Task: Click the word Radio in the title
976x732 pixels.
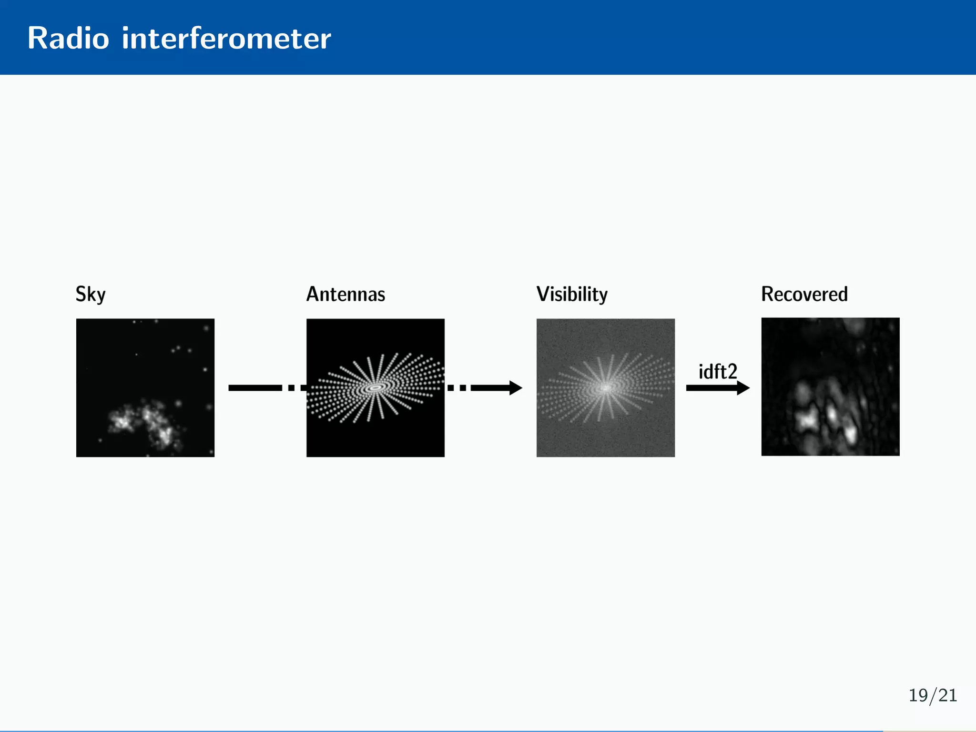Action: click(x=68, y=38)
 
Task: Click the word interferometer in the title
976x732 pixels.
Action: click(x=226, y=38)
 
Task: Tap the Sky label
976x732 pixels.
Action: click(x=90, y=294)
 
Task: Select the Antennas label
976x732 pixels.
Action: click(x=346, y=294)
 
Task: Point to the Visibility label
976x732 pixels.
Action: click(x=572, y=294)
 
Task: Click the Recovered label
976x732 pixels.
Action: click(x=804, y=294)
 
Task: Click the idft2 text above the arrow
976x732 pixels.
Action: click(x=717, y=372)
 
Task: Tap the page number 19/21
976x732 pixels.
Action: click(x=933, y=695)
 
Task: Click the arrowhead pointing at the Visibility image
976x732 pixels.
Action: click(x=516, y=387)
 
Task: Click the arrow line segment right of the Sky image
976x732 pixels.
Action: click(x=255, y=387)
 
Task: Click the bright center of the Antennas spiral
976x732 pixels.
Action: click(x=376, y=387)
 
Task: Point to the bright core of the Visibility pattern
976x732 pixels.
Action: click(x=606, y=387)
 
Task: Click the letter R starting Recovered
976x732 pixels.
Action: click(x=767, y=294)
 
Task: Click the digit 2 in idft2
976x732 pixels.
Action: click(x=732, y=372)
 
